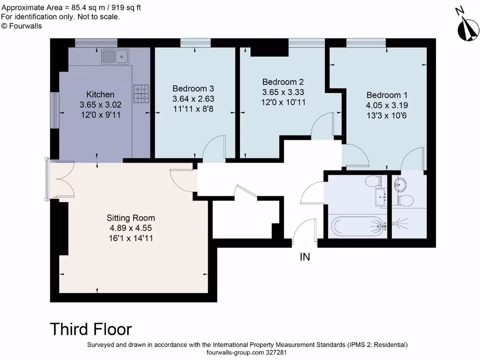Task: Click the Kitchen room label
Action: [x=100, y=95]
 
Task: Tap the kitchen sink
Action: [x=115, y=57]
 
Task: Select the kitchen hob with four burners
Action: [x=142, y=94]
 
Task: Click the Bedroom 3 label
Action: [x=193, y=89]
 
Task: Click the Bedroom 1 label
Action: [x=383, y=95]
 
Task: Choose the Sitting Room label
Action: [x=131, y=218]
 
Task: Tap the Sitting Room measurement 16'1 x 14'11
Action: [x=131, y=238]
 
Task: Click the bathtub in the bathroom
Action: [x=358, y=226]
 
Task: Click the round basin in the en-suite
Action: [x=401, y=183]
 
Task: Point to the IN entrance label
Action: [x=305, y=257]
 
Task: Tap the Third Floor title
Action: [x=90, y=329]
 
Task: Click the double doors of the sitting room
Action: [x=62, y=180]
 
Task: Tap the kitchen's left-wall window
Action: [x=54, y=110]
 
